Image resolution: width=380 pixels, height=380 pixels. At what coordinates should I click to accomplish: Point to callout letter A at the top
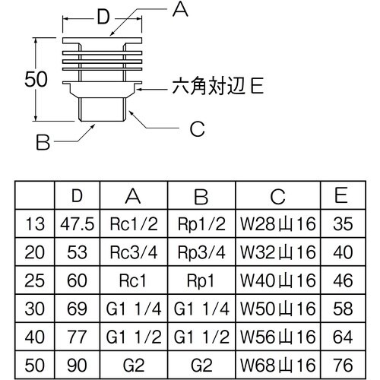pyautogui.click(x=179, y=9)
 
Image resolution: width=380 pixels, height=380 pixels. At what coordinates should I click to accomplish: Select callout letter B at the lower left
pyautogui.click(x=44, y=141)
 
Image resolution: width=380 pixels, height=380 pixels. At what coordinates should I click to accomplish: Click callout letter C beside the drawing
pyautogui.click(x=197, y=130)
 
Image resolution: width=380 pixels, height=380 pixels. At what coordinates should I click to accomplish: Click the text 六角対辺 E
pyautogui.click(x=215, y=89)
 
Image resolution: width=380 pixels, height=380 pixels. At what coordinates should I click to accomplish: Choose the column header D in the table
pyautogui.click(x=76, y=196)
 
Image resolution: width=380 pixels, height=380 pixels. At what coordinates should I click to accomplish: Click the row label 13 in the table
pyautogui.click(x=34, y=224)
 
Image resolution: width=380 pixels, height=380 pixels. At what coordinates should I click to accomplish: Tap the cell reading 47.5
pyautogui.click(x=76, y=224)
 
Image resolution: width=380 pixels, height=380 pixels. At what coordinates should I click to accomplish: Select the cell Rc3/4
pyautogui.click(x=133, y=252)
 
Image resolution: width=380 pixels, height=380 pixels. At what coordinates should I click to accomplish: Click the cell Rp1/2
pyautogui.click(x=201, y=224)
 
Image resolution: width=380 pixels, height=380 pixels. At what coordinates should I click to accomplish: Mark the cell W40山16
pyautogui.click(x=277, y=279)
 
